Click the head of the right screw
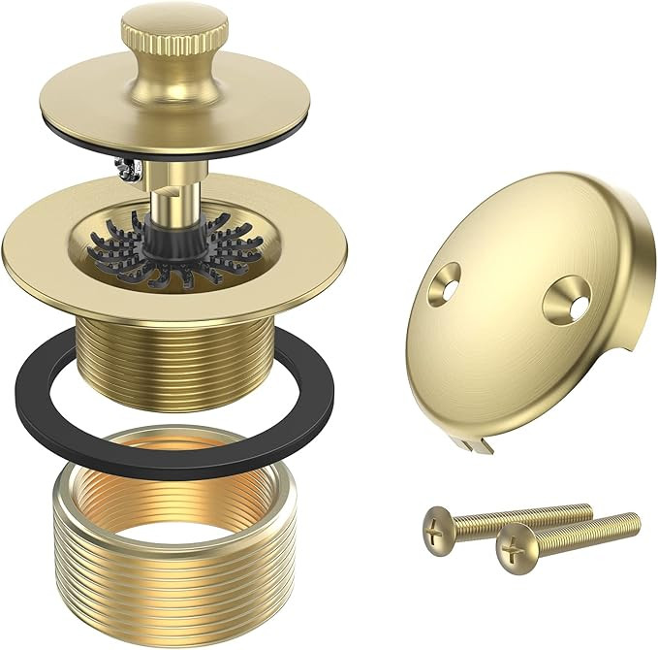click(x=513, y=549)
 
